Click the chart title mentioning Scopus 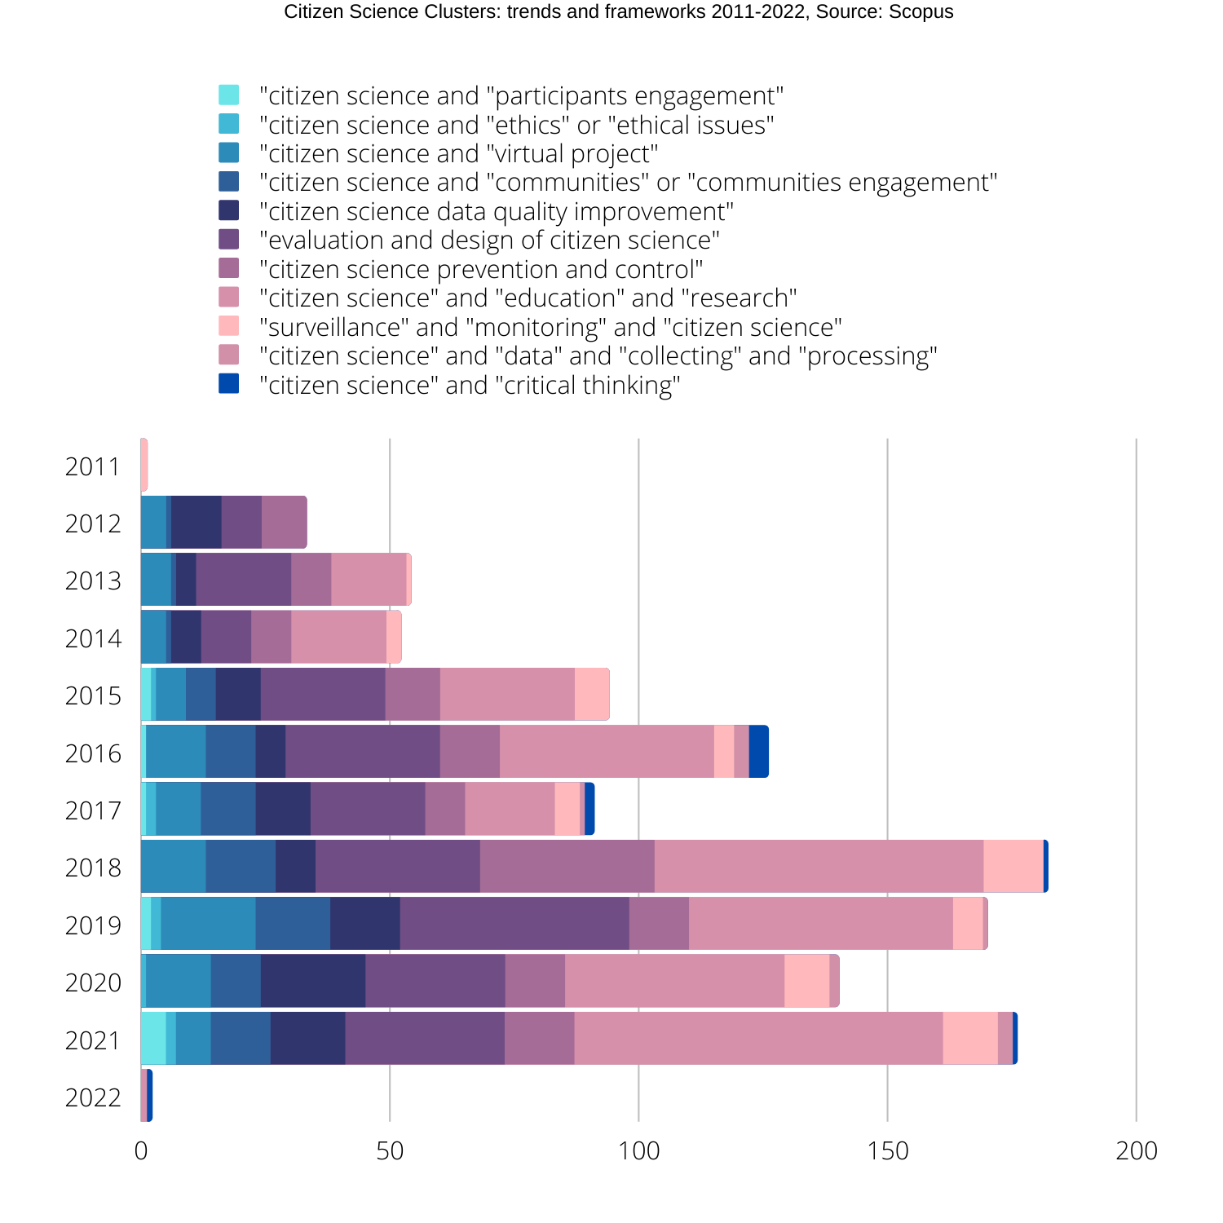pyautogui.click(x=618, y=12)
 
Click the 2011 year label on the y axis pyautogui.click(x=92, y=466)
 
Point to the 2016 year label pyautogui.click(x=92, y=753)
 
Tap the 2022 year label pyautogui.click(x=92, y=1097)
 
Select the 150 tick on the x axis pyautogui.click(x=887, y=1150)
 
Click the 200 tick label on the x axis pyautogui.click(x=1136, y=1150)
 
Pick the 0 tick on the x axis pyautogui.click(x=141, y=1150)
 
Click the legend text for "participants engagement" pyautogui.click(x=521, y=96)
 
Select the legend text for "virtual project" pyautogui.click(x=458, y=154)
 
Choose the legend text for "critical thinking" pyautogui.click(x=470, y=385)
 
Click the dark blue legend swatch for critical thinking pyautogui.click(x=229, y=384)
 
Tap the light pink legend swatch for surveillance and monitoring pyautogui.click(x=229, y=326)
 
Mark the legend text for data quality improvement pyautogui.click(x=496, y=212)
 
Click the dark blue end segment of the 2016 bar pyautogui.click(x=758, y=752)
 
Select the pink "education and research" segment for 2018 pyautogui.click(x=819, y=866)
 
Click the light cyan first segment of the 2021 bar pyautogui.click(x=153, y=1038)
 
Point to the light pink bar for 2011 pyautogui.click(x=144, y=465)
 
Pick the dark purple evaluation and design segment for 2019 pyautogui.click(x=514, y=923)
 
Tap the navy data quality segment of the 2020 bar pyautogui.click(x=313, y=981)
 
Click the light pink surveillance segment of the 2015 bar pyautogui.click(x=592, y=694)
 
